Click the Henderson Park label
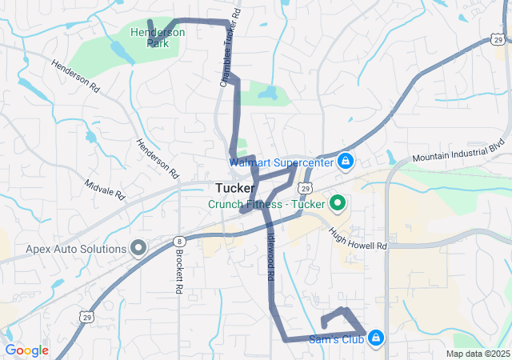coord(158,38)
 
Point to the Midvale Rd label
coord(105,189)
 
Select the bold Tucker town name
coord(235,188)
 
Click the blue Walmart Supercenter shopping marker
coord(345,162)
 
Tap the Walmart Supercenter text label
coord(281,162)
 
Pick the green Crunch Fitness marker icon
coord(337,203)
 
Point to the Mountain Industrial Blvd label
coord(460,154)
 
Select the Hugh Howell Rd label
coord(358,238)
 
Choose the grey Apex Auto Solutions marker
coord(138,249)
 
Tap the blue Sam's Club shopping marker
coord(374,338)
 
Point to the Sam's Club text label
coord(336,339)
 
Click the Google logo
coord(27,350)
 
